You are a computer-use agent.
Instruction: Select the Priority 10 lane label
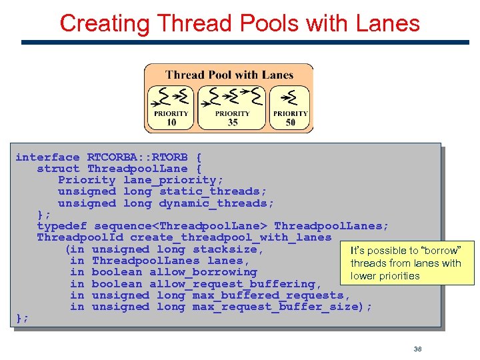(x=171, y=118)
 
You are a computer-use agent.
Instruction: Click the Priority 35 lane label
(x=232, y=118)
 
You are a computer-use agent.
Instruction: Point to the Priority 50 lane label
(x=290, y=118)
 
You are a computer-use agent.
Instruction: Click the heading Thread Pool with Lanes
(x=229, y=75)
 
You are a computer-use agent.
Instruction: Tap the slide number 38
(x=418, y=349)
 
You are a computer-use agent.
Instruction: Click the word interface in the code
(x=47, y=157)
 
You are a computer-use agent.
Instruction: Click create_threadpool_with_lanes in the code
(x=231, y=237)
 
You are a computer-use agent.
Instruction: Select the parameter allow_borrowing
(x=203, y=272)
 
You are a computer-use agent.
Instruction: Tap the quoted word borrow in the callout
(x=439, y=251)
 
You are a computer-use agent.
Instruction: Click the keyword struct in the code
(x=58, y=169)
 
